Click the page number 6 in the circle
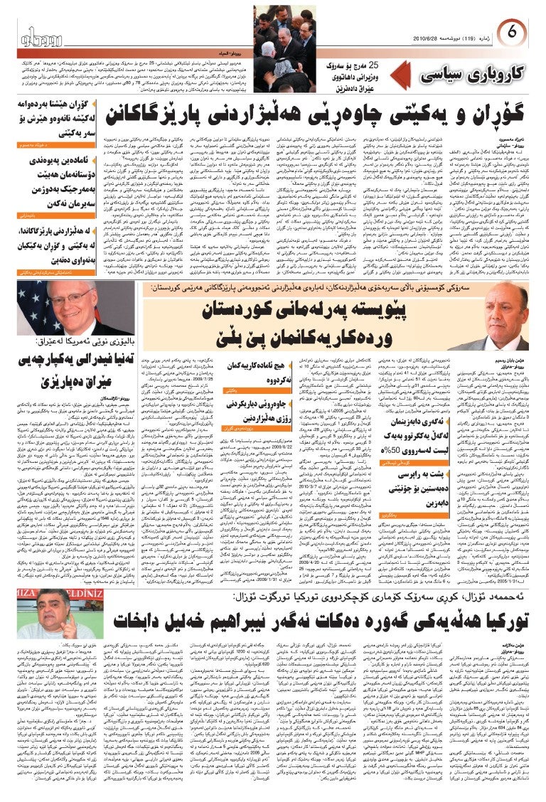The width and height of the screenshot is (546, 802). pyautogui.click(x=514, y=31)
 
